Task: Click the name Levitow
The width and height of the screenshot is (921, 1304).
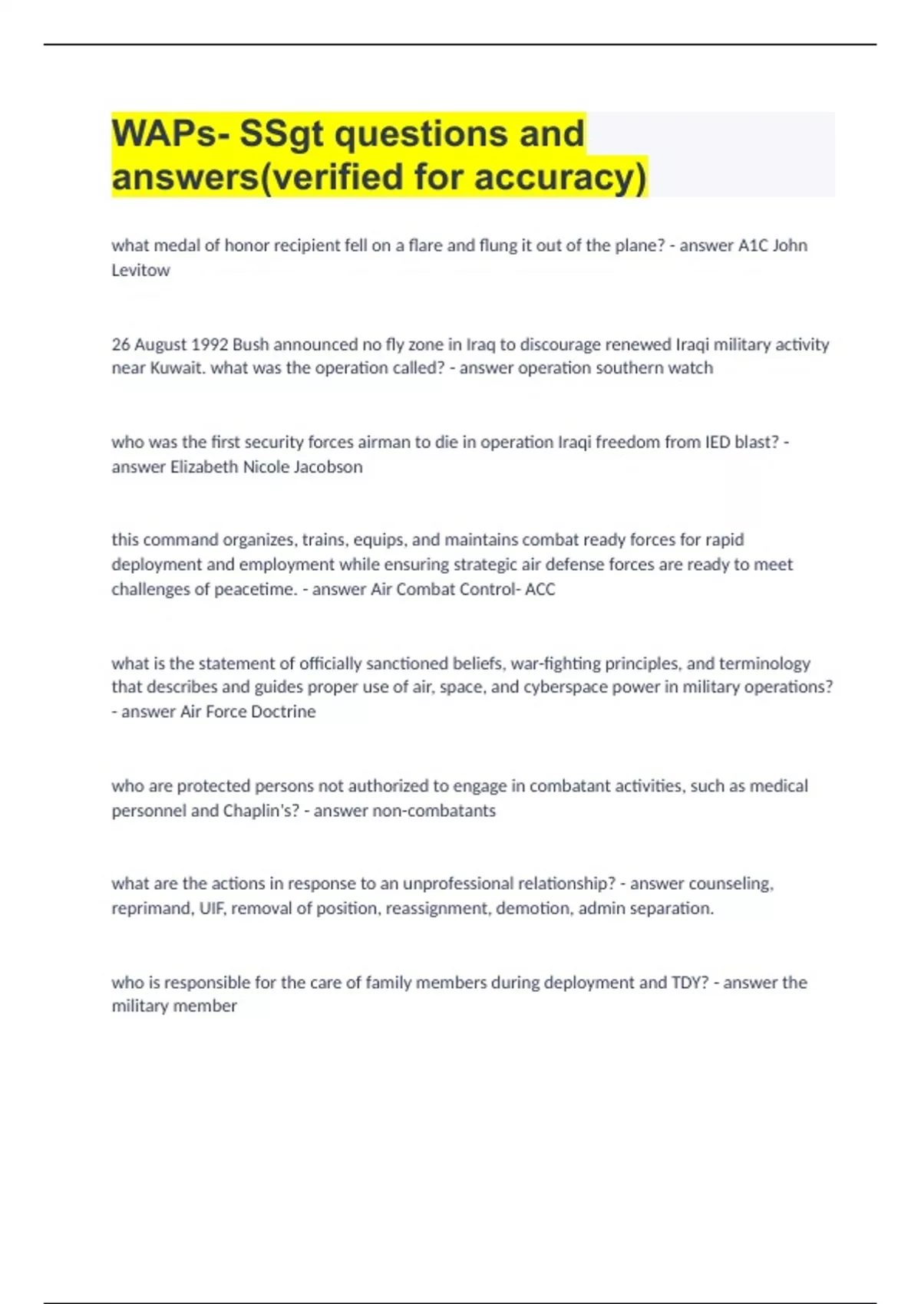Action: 140,270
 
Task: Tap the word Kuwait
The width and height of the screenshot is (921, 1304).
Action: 176,368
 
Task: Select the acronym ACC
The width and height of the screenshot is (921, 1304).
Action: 540,590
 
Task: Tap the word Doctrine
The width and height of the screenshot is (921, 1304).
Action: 284,712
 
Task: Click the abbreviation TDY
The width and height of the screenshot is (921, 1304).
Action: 690,983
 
